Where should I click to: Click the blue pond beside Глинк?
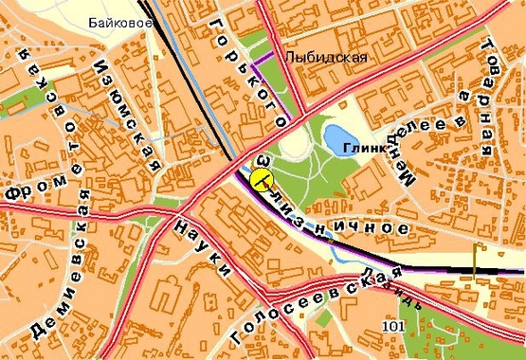[x=338, y=140]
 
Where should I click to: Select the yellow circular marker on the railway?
[x=258, y=173]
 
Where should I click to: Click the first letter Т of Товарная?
[x=487, y=46]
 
